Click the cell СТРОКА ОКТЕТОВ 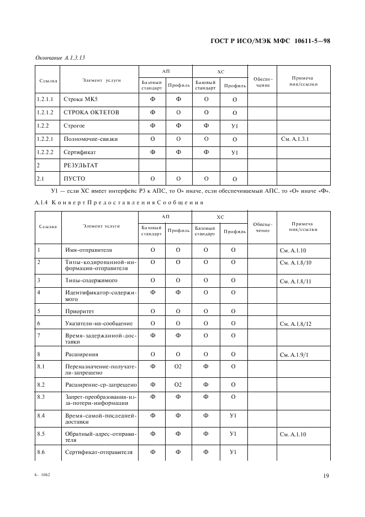[x=91, y=113]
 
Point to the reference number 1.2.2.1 [x=45, y=139]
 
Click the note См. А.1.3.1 [x=295, y=139]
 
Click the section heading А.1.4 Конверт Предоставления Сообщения [x=115, y=202]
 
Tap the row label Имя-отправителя [x=88, y=250]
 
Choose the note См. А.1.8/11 [x=297, y=282]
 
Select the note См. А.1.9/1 [x=297, y=355]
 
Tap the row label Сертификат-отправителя [x=99, y=452]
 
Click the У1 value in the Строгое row [x=234, y=126]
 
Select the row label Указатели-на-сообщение [x=99, y=323]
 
